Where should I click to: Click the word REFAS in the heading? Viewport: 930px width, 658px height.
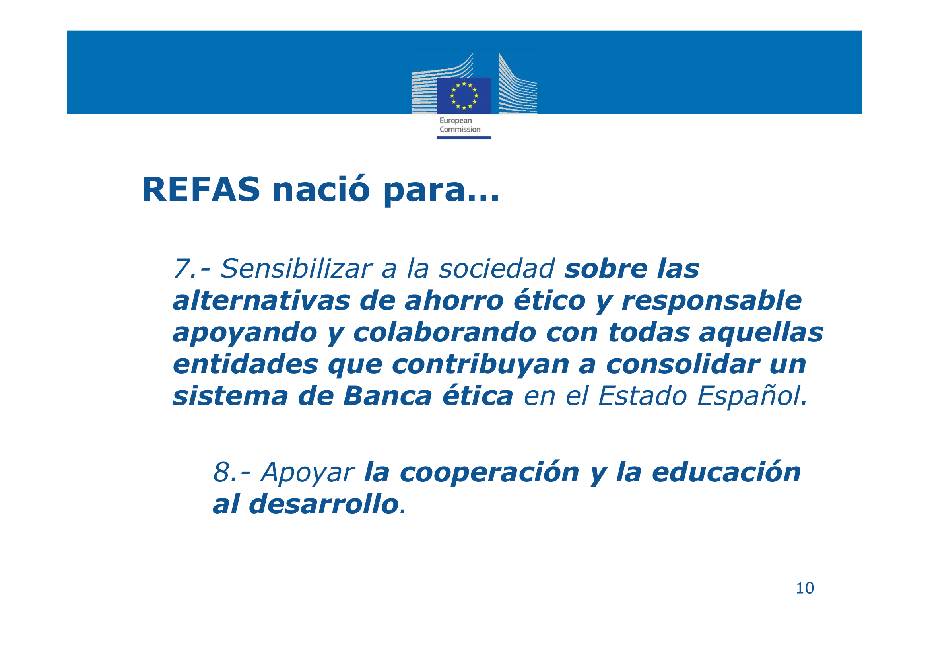pyautogui.click(x=201, y=190)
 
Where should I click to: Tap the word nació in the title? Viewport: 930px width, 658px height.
pyautogui.click(x=321, y=189)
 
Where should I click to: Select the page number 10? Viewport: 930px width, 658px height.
pyautogui.click(x=805, y=588)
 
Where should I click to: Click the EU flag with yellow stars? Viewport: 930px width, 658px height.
pyautogui.click(x=464, y=95)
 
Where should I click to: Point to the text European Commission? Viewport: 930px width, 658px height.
pyautogui.click(x=460, y=125)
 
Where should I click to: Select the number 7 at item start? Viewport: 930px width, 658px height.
pyautogui.click(x=181, y=269)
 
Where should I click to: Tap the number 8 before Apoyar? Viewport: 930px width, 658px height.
pyautogui.click(x=222, y=473)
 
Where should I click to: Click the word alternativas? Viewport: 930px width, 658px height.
pyautogui.click(x=261, y=301)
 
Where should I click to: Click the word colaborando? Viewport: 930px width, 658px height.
pyautogui.click(x=445, y=332)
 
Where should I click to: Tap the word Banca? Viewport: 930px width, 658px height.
pyautogui.click(x=388, y=396)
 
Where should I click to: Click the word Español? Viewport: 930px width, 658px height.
pyautogui.click(x=752, y=396)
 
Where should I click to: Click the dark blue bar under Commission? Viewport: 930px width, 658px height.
pyautogui.click(x=464, y=138)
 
